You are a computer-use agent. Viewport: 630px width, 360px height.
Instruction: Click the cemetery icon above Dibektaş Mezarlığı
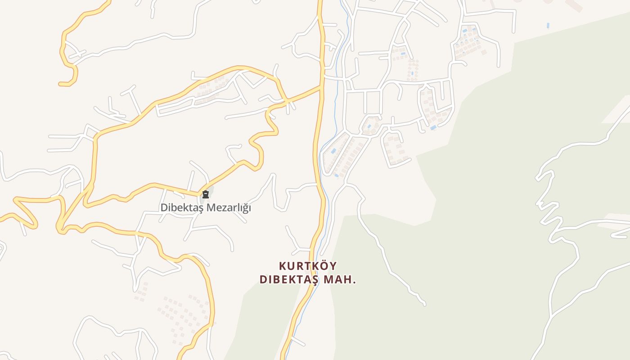point(206,195)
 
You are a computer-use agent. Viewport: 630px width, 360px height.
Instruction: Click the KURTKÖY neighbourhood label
point(307,266)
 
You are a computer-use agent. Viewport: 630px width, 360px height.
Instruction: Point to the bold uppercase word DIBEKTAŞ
point(289,279)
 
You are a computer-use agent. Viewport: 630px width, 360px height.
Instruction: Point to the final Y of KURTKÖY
point(333,266)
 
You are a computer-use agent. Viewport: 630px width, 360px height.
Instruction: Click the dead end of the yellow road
point(60,84)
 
